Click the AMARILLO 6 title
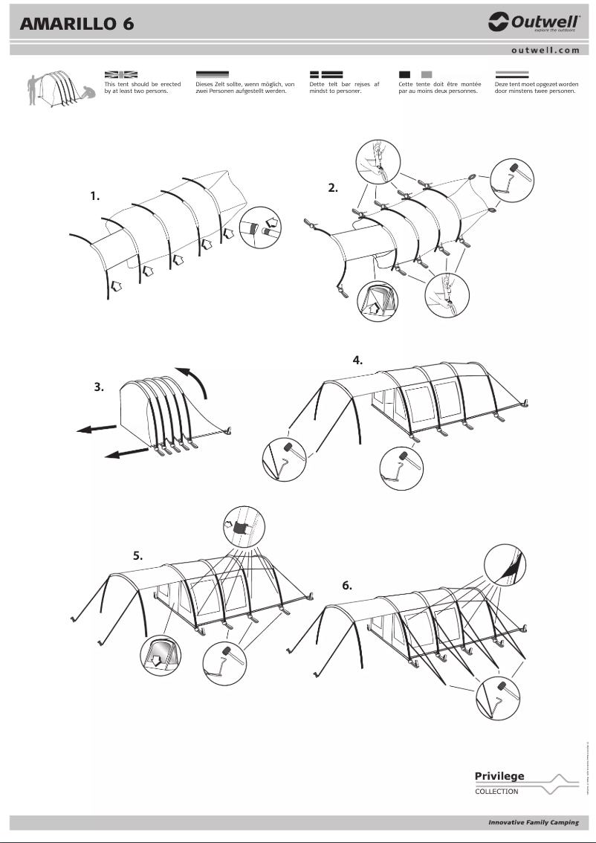[x=78, y=24]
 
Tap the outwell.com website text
[x=545, y=50]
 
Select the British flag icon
[x=120, y=74]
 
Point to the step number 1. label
[x=94, y=196]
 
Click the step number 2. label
[x=333, y=188]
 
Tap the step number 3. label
[x=99, y=387]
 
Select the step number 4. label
[x=357, y=360]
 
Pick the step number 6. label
[x=347, y=585]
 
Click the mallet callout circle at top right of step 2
[x=511, y=179]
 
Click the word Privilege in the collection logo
[x=499, y=776]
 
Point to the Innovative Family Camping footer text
[x=533, y=823]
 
